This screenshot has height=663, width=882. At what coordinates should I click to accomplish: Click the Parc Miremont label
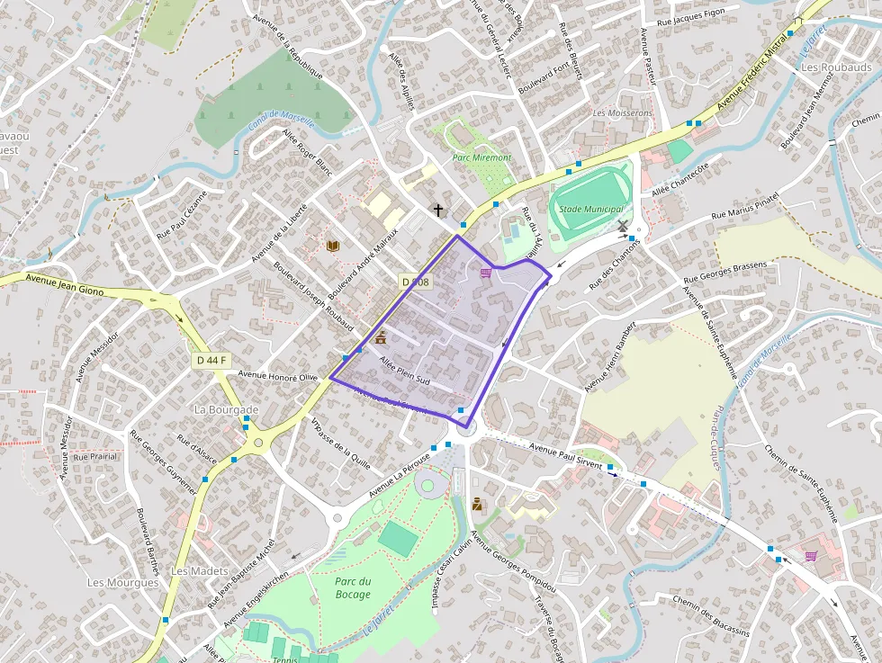[x=481, y=157]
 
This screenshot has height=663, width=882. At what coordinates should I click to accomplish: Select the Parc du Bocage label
[x=352, y=587]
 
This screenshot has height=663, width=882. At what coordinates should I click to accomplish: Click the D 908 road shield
[x=416, y=282]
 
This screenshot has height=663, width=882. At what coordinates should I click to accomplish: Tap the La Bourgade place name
[x=227, y=409]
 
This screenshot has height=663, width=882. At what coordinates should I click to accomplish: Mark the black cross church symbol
[x=438, y=211]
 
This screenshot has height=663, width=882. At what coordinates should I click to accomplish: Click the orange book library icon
[x=332, y=246]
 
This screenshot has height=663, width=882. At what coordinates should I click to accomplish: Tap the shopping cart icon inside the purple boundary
[x=486, y=273]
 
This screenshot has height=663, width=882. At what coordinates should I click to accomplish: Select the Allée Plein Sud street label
[x=406, y=372]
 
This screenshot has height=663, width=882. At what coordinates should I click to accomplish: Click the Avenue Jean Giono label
[x=66, y=285]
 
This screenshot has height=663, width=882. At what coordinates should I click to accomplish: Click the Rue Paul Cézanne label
[x=182, y=213]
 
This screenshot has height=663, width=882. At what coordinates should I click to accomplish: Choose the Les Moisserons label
[x=623, y=113]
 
